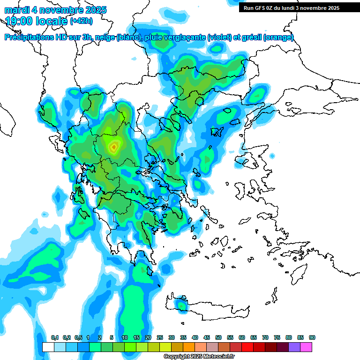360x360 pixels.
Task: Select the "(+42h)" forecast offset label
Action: pos(82,21)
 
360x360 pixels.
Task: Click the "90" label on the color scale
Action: pos(312,338)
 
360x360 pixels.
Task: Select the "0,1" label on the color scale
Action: pos(54,338)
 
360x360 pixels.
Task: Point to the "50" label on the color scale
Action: pos(218,338)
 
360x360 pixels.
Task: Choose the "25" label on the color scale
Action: pos(160,338)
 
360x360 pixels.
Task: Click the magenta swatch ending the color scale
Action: pos(306,347)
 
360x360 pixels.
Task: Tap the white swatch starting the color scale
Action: pos(48,347)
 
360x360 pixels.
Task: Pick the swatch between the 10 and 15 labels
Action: pos(130,347)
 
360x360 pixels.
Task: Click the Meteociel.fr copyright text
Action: pos(199,357)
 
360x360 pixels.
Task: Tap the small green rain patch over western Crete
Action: pos(181,306)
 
